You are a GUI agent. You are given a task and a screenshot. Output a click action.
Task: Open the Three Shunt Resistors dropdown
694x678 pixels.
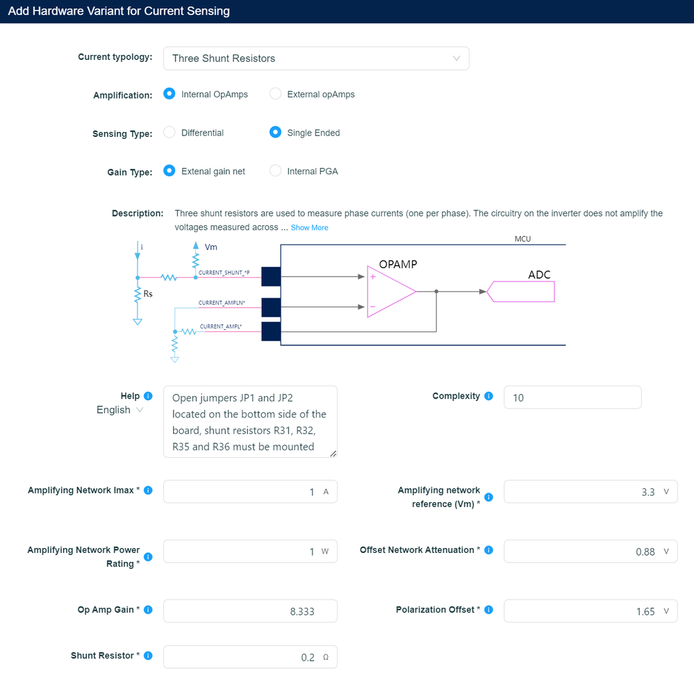click(315, 58)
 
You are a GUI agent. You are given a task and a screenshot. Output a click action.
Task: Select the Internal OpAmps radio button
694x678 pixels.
click(169, 94)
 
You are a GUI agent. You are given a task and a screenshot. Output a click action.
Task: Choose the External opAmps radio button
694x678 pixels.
click(275, 94)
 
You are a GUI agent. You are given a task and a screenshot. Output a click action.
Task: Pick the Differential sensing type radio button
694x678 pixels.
click(169, 133)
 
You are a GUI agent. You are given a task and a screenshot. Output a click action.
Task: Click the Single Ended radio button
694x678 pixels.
click(275, 133)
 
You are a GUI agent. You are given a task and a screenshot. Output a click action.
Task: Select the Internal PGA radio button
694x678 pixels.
click(275, 171)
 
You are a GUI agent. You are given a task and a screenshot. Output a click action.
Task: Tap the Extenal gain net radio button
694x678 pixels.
click(169, 171)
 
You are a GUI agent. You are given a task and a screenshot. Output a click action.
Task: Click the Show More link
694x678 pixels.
click(309, 228)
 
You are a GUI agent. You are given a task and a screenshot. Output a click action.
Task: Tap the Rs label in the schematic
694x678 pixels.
click(147, 294)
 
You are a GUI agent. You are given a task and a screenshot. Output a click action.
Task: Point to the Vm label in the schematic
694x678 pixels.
click(211, 247)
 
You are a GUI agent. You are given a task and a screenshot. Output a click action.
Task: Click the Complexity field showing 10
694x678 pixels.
click(572, 397)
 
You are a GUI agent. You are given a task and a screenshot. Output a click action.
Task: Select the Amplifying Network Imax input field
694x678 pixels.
click(250, 492)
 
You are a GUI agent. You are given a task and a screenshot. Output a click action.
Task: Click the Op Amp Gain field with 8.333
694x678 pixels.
click(250, 611)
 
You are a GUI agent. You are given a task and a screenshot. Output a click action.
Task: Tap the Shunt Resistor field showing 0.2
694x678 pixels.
click(250, 657)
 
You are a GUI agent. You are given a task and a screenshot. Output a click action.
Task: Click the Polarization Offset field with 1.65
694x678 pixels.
click(590, 611)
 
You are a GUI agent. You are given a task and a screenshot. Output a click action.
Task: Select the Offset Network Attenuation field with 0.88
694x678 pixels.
click(590, 552)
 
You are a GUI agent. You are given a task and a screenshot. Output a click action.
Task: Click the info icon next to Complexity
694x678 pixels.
click(488, 396)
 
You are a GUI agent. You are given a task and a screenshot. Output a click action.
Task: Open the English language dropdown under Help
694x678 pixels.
click(120, 410)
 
